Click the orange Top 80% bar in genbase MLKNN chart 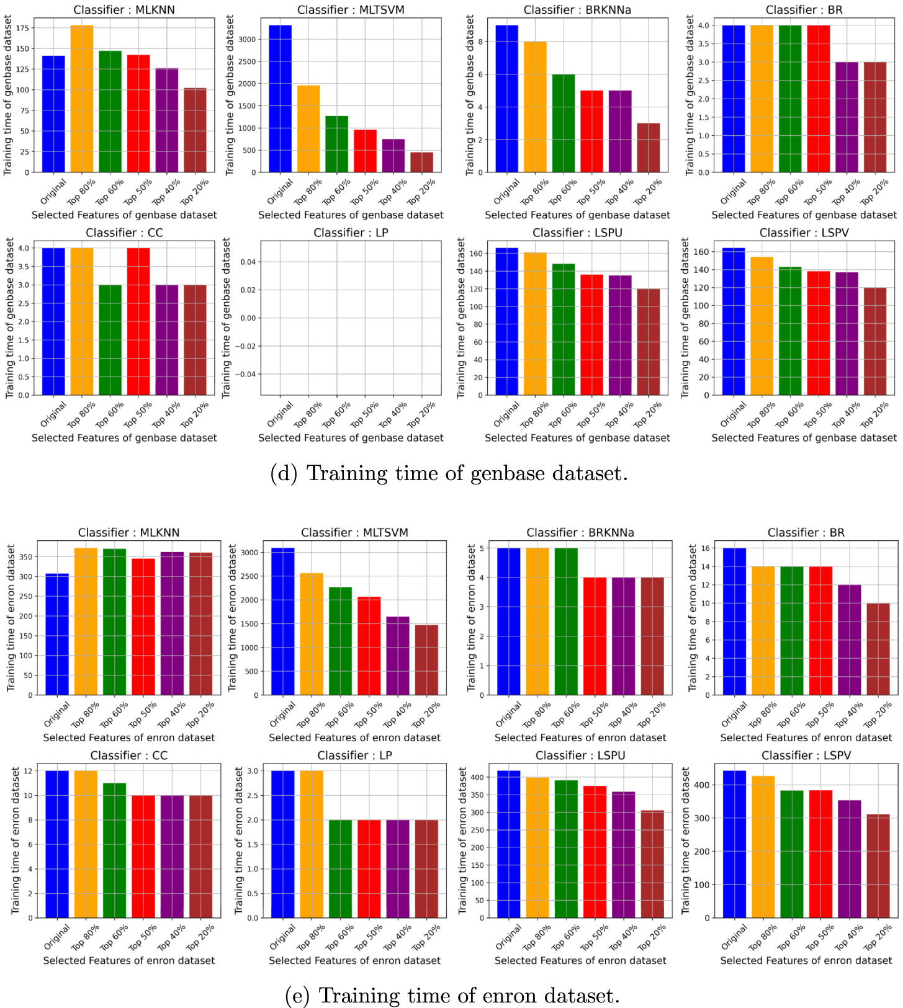click(82, 99)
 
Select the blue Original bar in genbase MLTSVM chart click(280, 99)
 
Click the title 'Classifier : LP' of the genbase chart click(351, 233)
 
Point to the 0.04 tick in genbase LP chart click(248, 262)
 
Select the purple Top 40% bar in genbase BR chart click(847, 117)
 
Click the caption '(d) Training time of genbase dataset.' click(449, 473)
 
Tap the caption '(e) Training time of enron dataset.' click(452, 996)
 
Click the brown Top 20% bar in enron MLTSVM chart click(426, 660)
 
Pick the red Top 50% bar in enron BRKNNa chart click(595, 636)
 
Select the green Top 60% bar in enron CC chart click(114, 850)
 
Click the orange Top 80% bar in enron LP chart click(312, 844)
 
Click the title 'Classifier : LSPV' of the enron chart click(806, 756)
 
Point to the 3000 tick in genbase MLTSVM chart click(246, 39)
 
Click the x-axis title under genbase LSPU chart click(577, 438)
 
